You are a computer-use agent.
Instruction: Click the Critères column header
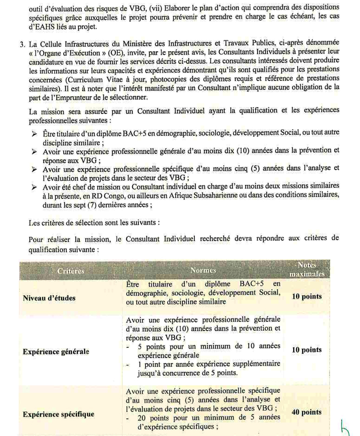click(x=71, y=271)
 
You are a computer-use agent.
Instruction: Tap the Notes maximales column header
click(x=307, y=269)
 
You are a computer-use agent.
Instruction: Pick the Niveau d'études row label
click(x=49, y=297)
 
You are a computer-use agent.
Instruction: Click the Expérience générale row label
click(x=56, y=350)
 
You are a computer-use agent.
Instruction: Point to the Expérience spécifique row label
click(x=58, y=414)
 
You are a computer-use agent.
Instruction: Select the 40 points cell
click(x=307, y=412)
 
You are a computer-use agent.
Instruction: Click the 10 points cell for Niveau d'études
click(x=307, y=296)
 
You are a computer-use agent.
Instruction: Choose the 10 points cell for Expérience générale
click(x=307, y=349)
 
